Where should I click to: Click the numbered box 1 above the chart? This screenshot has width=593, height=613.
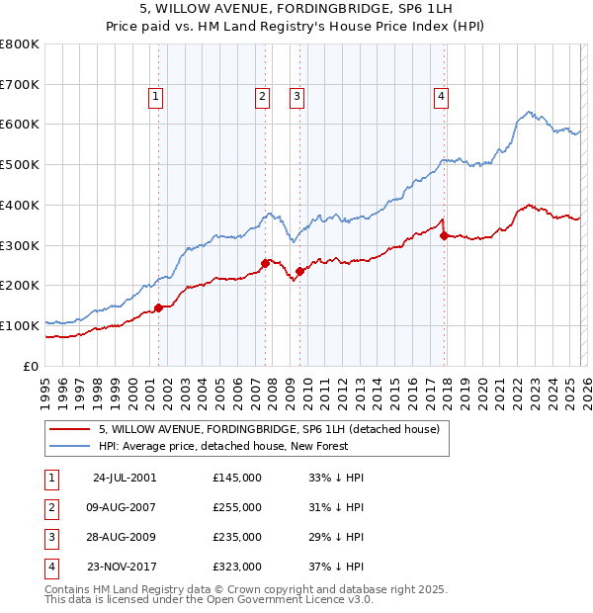point(157,96)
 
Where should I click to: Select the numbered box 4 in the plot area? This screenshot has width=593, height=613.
point(441,96)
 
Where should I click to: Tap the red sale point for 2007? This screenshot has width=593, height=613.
point(265,263)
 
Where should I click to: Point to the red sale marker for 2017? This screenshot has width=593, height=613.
point(444,235)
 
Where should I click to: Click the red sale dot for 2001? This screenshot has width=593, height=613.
point(159,307)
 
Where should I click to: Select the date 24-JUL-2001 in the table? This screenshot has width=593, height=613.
point(124,478)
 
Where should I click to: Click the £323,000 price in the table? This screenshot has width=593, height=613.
point(237,567)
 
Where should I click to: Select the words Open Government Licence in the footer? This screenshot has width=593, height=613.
point(293,599)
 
